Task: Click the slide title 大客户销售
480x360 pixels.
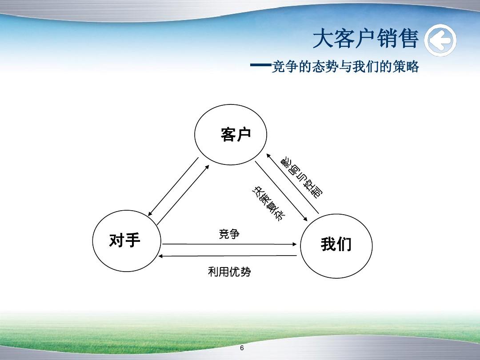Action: pos(365,39)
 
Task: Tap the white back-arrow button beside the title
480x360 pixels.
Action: pos(440,41)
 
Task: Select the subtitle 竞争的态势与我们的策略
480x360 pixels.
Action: pos(345,67)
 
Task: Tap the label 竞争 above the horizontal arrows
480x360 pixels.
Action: pos(229,234)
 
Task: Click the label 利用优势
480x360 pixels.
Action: pos(229,272)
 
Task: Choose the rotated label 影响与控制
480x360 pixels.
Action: pos(302,176)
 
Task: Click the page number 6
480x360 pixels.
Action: pos(242,348)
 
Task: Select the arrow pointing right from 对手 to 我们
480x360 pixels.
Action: pos(229,244)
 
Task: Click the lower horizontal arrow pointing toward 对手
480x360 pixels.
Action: pos(229,256)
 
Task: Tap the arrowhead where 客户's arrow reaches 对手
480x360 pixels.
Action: pos(150,214)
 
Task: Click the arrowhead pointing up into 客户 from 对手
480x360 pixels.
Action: pos(207,166)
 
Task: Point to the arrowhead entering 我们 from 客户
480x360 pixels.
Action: pos(306,219)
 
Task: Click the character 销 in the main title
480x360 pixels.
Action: pos(383,39)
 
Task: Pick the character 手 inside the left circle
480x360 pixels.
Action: pos(133,240)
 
